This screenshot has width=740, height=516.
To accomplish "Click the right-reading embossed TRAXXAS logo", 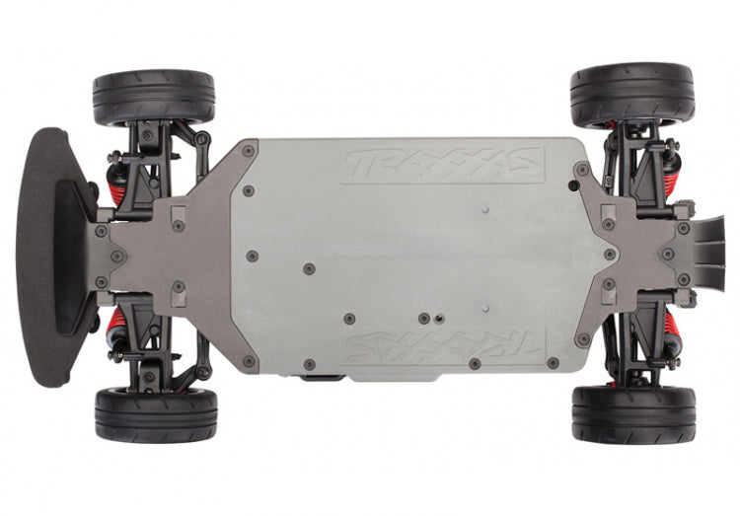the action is point(443,165).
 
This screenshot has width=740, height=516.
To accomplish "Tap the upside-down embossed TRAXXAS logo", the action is point(445,345).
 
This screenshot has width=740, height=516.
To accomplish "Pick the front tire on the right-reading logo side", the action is point(154,98).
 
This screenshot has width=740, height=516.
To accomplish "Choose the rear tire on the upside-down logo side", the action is point(633,414).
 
